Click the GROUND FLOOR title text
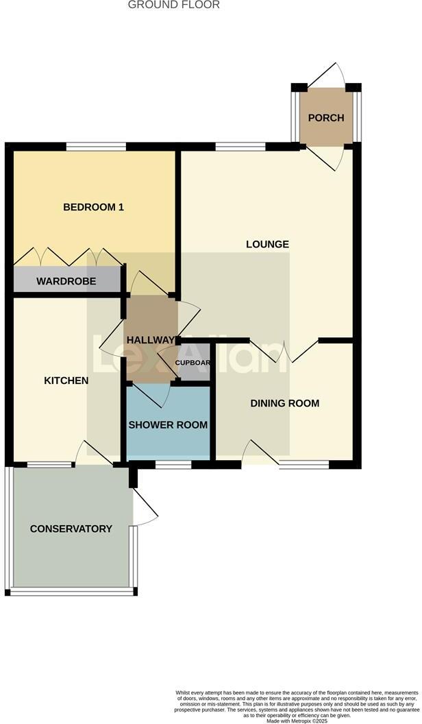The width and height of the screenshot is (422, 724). [174, 5]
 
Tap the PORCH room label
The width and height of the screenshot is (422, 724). [326, 117]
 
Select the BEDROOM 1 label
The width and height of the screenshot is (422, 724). [93, 207]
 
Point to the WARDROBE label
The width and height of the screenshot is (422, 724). [66, 281]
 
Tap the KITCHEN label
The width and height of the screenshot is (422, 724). [66, 380]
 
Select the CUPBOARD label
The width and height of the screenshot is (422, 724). [193, 363]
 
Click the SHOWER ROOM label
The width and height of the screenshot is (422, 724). [168, 424]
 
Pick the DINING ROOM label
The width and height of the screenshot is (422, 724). [284, 403]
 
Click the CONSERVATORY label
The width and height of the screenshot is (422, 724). [71, 529]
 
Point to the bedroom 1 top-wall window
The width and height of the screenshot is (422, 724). [96, 146]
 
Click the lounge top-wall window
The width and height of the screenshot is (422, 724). [240, 146]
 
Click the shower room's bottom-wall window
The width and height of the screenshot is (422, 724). [173, 464]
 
